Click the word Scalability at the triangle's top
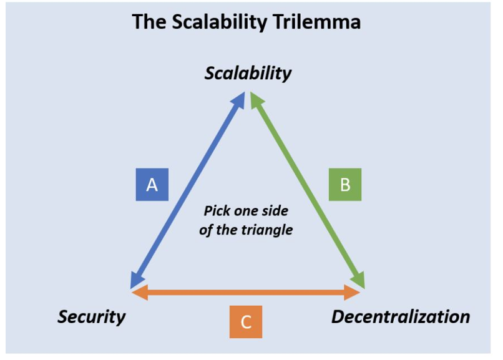click(248, 74)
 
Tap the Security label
click(91, 317)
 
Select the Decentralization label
click(401, 317)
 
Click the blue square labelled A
click(152, 185)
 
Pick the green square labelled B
click(345, 185)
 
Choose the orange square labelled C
click(246, 322)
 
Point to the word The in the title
click(149, 22)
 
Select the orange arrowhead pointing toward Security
click(140, 293)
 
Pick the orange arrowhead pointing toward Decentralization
click(351, 293)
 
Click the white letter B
click(345, 185)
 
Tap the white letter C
click(246, 322)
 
